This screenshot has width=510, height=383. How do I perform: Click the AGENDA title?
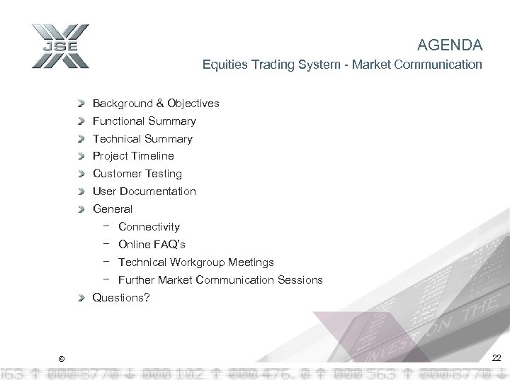click(450, 46)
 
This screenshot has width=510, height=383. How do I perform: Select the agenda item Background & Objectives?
click(156, 104)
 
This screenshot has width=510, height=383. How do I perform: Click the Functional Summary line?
click(144, 121)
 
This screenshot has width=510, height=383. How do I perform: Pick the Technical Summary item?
click(142, 139)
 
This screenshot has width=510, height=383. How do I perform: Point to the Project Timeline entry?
click(133, 156)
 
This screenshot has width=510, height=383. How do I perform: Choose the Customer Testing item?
click(137, 174)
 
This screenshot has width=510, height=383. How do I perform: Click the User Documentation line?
click(144, 191)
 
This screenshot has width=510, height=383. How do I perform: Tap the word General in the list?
click(113, 209)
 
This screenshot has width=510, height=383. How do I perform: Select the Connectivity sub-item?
click(149, 227)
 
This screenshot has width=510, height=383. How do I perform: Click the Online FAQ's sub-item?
click(152, 245)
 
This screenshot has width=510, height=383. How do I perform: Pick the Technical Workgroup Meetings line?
click(195, 262)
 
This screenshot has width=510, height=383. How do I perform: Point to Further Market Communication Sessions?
click(220, 280)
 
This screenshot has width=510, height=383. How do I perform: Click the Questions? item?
click(121, 298)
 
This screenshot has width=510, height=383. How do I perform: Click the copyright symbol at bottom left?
click(61, 359)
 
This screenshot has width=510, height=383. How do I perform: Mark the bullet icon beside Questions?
click(83, 298)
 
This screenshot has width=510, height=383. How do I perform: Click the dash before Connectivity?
click(105, 226)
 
